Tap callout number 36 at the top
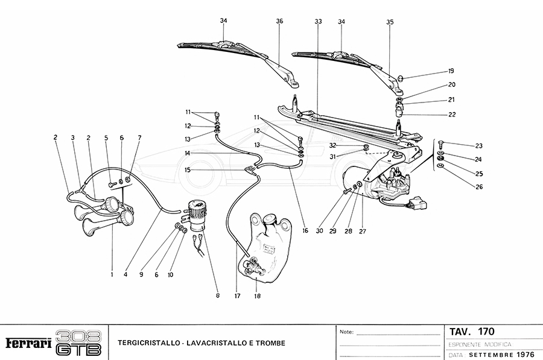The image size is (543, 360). (x=279, y=21)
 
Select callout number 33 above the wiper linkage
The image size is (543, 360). (x=318, y=21)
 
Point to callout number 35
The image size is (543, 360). (x=390, y=22)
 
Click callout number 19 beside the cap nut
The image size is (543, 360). (x=451, y=71)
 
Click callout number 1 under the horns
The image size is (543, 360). (x=112, y=274)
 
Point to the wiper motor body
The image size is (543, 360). (x=386, y=184)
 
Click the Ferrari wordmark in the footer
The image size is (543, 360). (x=28, y=343)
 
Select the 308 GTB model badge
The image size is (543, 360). (x=78, y=343)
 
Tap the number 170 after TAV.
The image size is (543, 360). (x=486, y=332)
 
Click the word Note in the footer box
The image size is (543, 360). (x=346, y=332)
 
